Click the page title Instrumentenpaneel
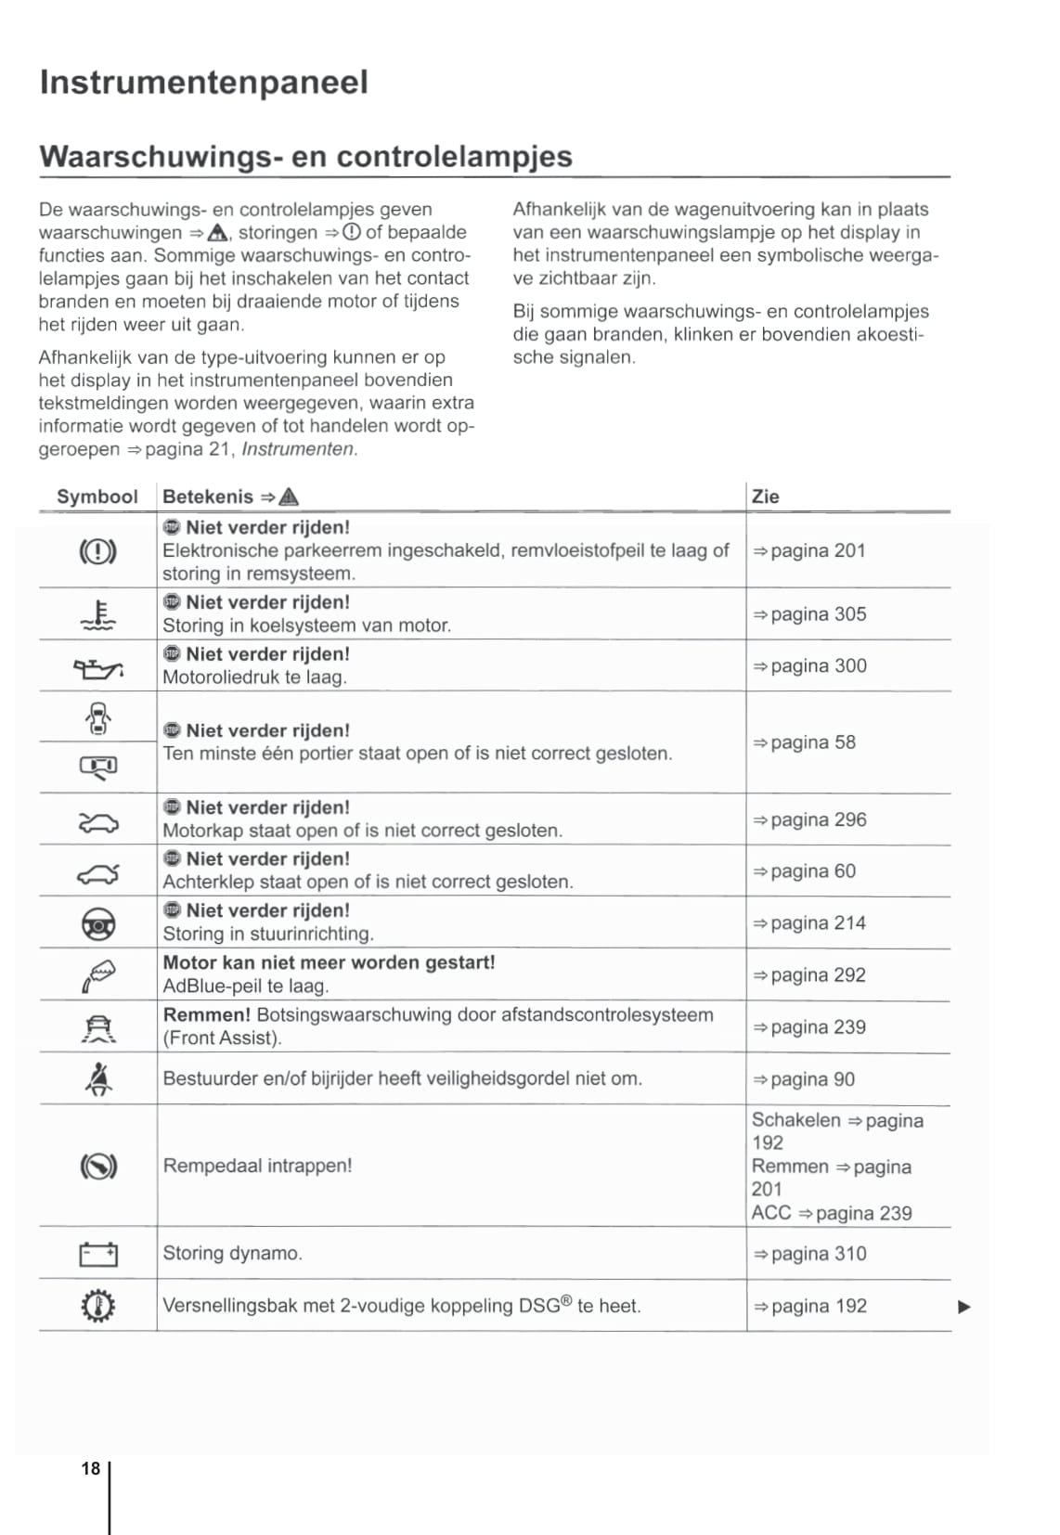pos(203,83)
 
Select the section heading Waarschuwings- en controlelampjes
pos(305,156)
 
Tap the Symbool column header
pos(97,497)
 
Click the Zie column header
pos(765,497)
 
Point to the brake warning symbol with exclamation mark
pos(97,551)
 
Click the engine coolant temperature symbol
pos(97,614)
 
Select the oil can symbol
pos(97,667)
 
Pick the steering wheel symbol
pos(97,923)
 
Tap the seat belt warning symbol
pos(97,1079)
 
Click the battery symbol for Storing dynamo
pos(97,1255)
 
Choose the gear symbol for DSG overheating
pos(97,1307)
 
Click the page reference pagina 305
pos(809,614)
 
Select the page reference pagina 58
pos(804,742)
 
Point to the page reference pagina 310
pos(809,1254)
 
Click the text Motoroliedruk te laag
pos(254,677)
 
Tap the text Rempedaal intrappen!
pos(257,1166)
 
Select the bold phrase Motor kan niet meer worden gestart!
pos(329,962)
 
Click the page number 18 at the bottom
pos(90,1468)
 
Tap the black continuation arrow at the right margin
pos(963,1308)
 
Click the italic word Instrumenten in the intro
pos(298,449)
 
